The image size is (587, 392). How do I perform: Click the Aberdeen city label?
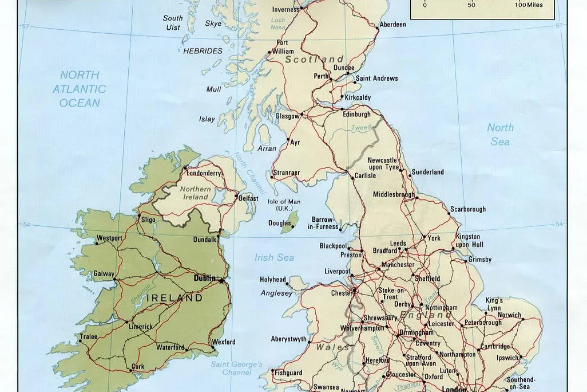tap(393, 25)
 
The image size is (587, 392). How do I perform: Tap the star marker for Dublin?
tap(221, 280)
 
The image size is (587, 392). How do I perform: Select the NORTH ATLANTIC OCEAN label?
tap(80, 89)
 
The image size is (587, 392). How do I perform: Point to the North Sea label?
tap(500, 134)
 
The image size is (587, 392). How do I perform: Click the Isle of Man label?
tap(284, 205)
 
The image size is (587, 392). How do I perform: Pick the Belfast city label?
tap(248, 198)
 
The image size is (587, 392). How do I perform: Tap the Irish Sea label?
tap(275, 258)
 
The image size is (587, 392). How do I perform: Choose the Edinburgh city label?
tap(356, 115)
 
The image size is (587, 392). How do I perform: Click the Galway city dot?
tap(115, 280)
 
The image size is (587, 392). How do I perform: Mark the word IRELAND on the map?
tap(175, 298)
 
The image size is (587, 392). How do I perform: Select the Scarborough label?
tap(467, 210)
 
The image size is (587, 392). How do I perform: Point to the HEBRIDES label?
tap(203, 51)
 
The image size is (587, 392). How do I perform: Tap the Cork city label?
tap(138, 366)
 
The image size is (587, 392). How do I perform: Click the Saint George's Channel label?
tap(236, 368)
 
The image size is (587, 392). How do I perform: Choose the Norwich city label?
tap(509, 315)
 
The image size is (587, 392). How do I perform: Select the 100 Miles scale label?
tap(527, 5)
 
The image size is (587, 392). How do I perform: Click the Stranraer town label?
tap(286, 172)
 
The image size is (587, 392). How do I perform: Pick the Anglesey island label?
tap(277, 293)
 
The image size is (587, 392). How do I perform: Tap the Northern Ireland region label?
tap(195, 193)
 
